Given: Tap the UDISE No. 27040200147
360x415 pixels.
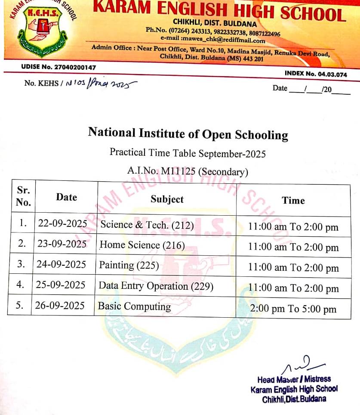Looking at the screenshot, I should point(58,68).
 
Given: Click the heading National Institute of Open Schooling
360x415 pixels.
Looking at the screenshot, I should point(188,133).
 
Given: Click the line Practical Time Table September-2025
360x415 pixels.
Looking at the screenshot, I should point(188,153).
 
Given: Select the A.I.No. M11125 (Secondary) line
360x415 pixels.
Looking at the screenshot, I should point(188,172).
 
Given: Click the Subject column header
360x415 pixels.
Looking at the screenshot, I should point(167,199).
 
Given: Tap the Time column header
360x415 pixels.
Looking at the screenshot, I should point(293,200).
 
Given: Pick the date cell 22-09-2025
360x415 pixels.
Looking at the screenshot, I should point(62,223).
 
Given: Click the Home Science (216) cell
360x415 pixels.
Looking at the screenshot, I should point(142,245).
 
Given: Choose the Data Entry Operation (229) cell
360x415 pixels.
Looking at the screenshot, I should point(156,286).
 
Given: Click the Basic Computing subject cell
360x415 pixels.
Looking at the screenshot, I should point(134,307).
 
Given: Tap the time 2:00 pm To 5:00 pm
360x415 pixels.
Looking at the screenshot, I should point(293,309).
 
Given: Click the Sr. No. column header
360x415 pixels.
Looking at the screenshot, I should point(23,196).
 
